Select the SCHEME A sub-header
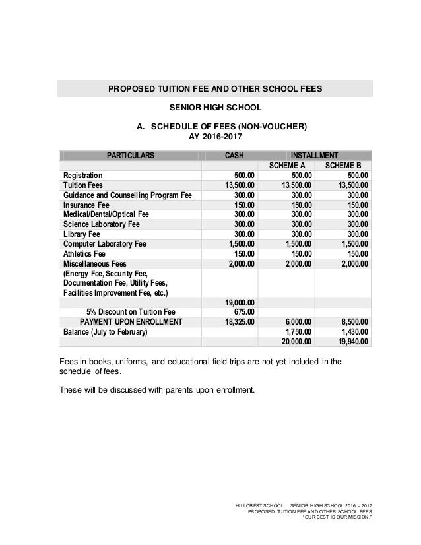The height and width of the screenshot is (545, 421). pos(286,166)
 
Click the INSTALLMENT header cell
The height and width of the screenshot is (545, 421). pos(315,155)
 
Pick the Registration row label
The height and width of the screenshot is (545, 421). pos(82,176)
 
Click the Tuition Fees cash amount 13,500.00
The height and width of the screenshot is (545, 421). pos(238,186)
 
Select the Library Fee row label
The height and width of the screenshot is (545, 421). pos(82,234)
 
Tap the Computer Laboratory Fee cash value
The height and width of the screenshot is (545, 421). pos(240,244)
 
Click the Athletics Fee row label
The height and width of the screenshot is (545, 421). pos(84,254)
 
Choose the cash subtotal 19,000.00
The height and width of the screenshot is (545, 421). pos(238,303)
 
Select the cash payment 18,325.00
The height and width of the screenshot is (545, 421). pos(238,322)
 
